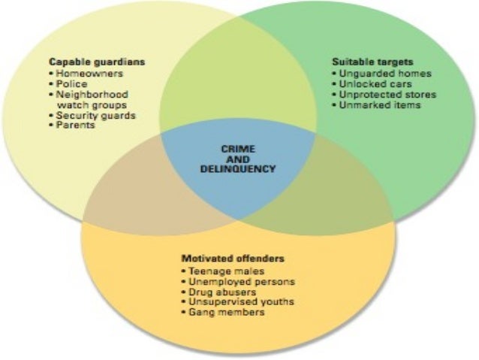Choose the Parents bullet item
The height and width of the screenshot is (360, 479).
(74, 126)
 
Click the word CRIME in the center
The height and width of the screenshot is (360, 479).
(238, 149)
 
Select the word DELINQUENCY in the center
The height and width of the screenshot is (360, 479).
(238, 169)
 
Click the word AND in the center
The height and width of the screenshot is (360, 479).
(238, 159)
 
